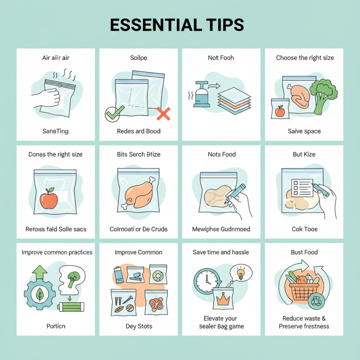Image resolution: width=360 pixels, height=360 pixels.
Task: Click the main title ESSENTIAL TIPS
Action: (177, 25)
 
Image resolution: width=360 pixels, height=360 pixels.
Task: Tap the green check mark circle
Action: (112, 114)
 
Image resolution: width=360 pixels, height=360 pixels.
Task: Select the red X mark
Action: (163, 114)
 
